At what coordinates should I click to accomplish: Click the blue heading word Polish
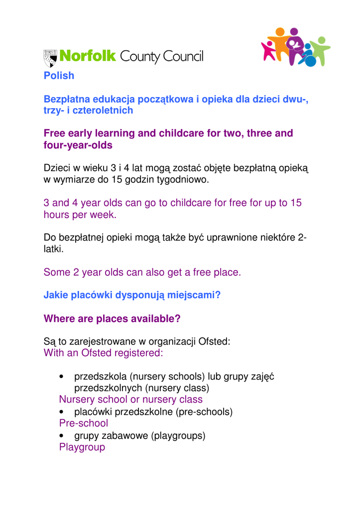point(59,76)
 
